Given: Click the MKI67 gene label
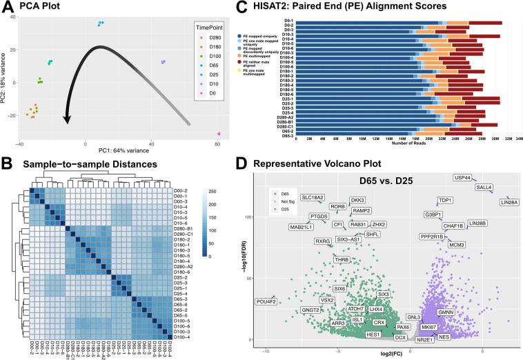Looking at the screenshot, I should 429,326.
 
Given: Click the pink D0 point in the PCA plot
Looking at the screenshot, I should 219,134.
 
